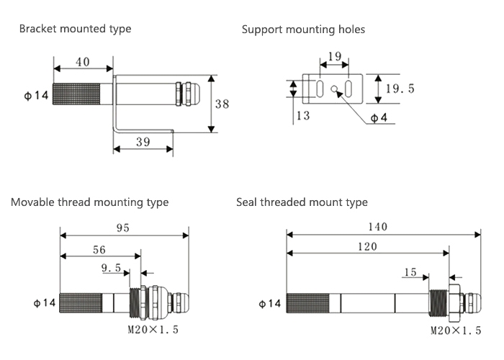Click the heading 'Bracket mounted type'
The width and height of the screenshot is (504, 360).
[x=75, y=29]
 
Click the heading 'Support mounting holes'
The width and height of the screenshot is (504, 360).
[x=303, y=30]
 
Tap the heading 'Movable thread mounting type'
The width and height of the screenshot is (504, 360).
[x=89, y=202]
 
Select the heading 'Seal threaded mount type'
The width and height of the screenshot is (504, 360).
[x=302, y=202]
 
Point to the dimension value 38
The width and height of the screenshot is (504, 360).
[x=222, y=104]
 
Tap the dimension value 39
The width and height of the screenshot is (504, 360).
[x=143, y=142]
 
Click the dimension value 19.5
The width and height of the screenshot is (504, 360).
[x=400, y=89]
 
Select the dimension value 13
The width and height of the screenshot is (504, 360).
[x=302, y=116]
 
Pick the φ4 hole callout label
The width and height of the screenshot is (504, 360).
[x=379, y=117]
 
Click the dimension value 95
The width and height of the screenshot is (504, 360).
[x=122, y=228]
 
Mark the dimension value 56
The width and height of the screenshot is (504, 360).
[x=99, y=250]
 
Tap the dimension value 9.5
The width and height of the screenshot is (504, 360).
[x=111, y=269]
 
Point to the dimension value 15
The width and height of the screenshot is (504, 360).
[x=410, y=272]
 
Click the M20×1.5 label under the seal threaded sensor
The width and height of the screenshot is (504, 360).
[x=455, y=330]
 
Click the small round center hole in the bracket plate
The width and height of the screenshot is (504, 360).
[x=335, y=90]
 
